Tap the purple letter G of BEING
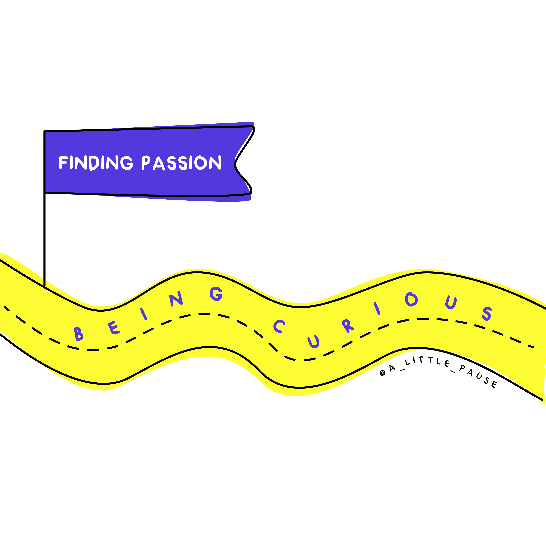pyautogui.click(x=216, y=294)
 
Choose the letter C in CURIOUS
pyautogui.click(x=279, y=326)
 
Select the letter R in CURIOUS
pyautogui.click(x=347, y=326)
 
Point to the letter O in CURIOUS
pyautogui.click(x=411, y=300)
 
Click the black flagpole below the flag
pyautogui.click(x=44, y=240)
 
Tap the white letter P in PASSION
pyautogui.click(x=146, y=163)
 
